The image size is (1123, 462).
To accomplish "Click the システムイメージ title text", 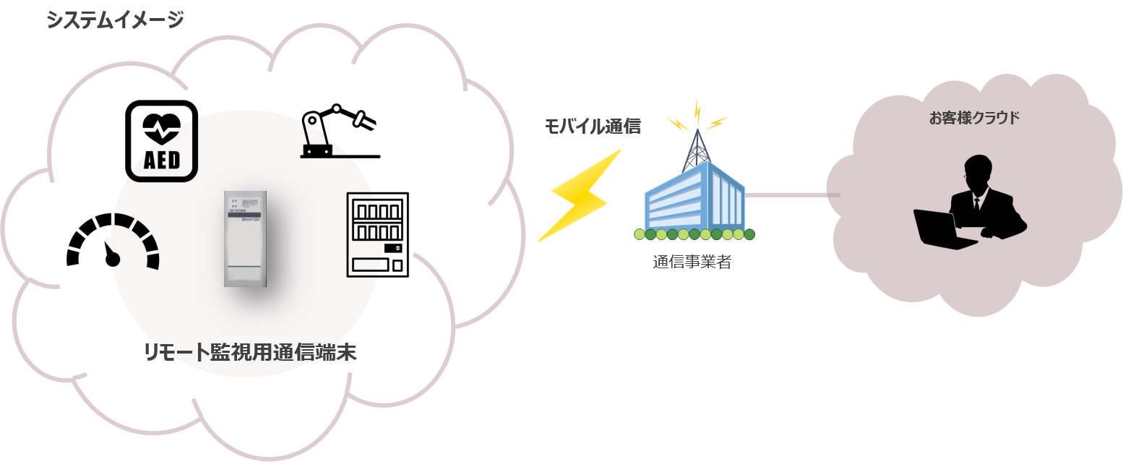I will pyautogui.click(x=115, y=20).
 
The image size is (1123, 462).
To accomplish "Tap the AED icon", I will pyautogui.click(x=162, y=140).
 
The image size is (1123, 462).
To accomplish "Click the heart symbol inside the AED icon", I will pyautogui.click(x=162, y=128).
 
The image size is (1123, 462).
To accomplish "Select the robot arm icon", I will pyautogui.click(x=336, y=132).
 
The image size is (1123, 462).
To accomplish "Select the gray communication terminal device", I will pyautogui.click(x=245, y=238).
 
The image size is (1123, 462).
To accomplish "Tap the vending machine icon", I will pyautogui.click(x=377, y=234).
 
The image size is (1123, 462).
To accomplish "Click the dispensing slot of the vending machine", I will pyautogui.click(x=371, y=265).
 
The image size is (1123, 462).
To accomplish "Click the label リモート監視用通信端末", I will pyautogui.click(x=250, y=353).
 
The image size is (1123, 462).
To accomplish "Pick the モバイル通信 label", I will pyautogui.click(x=592, y=127).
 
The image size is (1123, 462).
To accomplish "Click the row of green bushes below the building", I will pyautogui.click(x=694, y=234).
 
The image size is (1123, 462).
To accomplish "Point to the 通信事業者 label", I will pyautogui.click(x=692, y=262).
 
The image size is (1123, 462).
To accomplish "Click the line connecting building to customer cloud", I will pyautogui.click(x=792, y=195).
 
